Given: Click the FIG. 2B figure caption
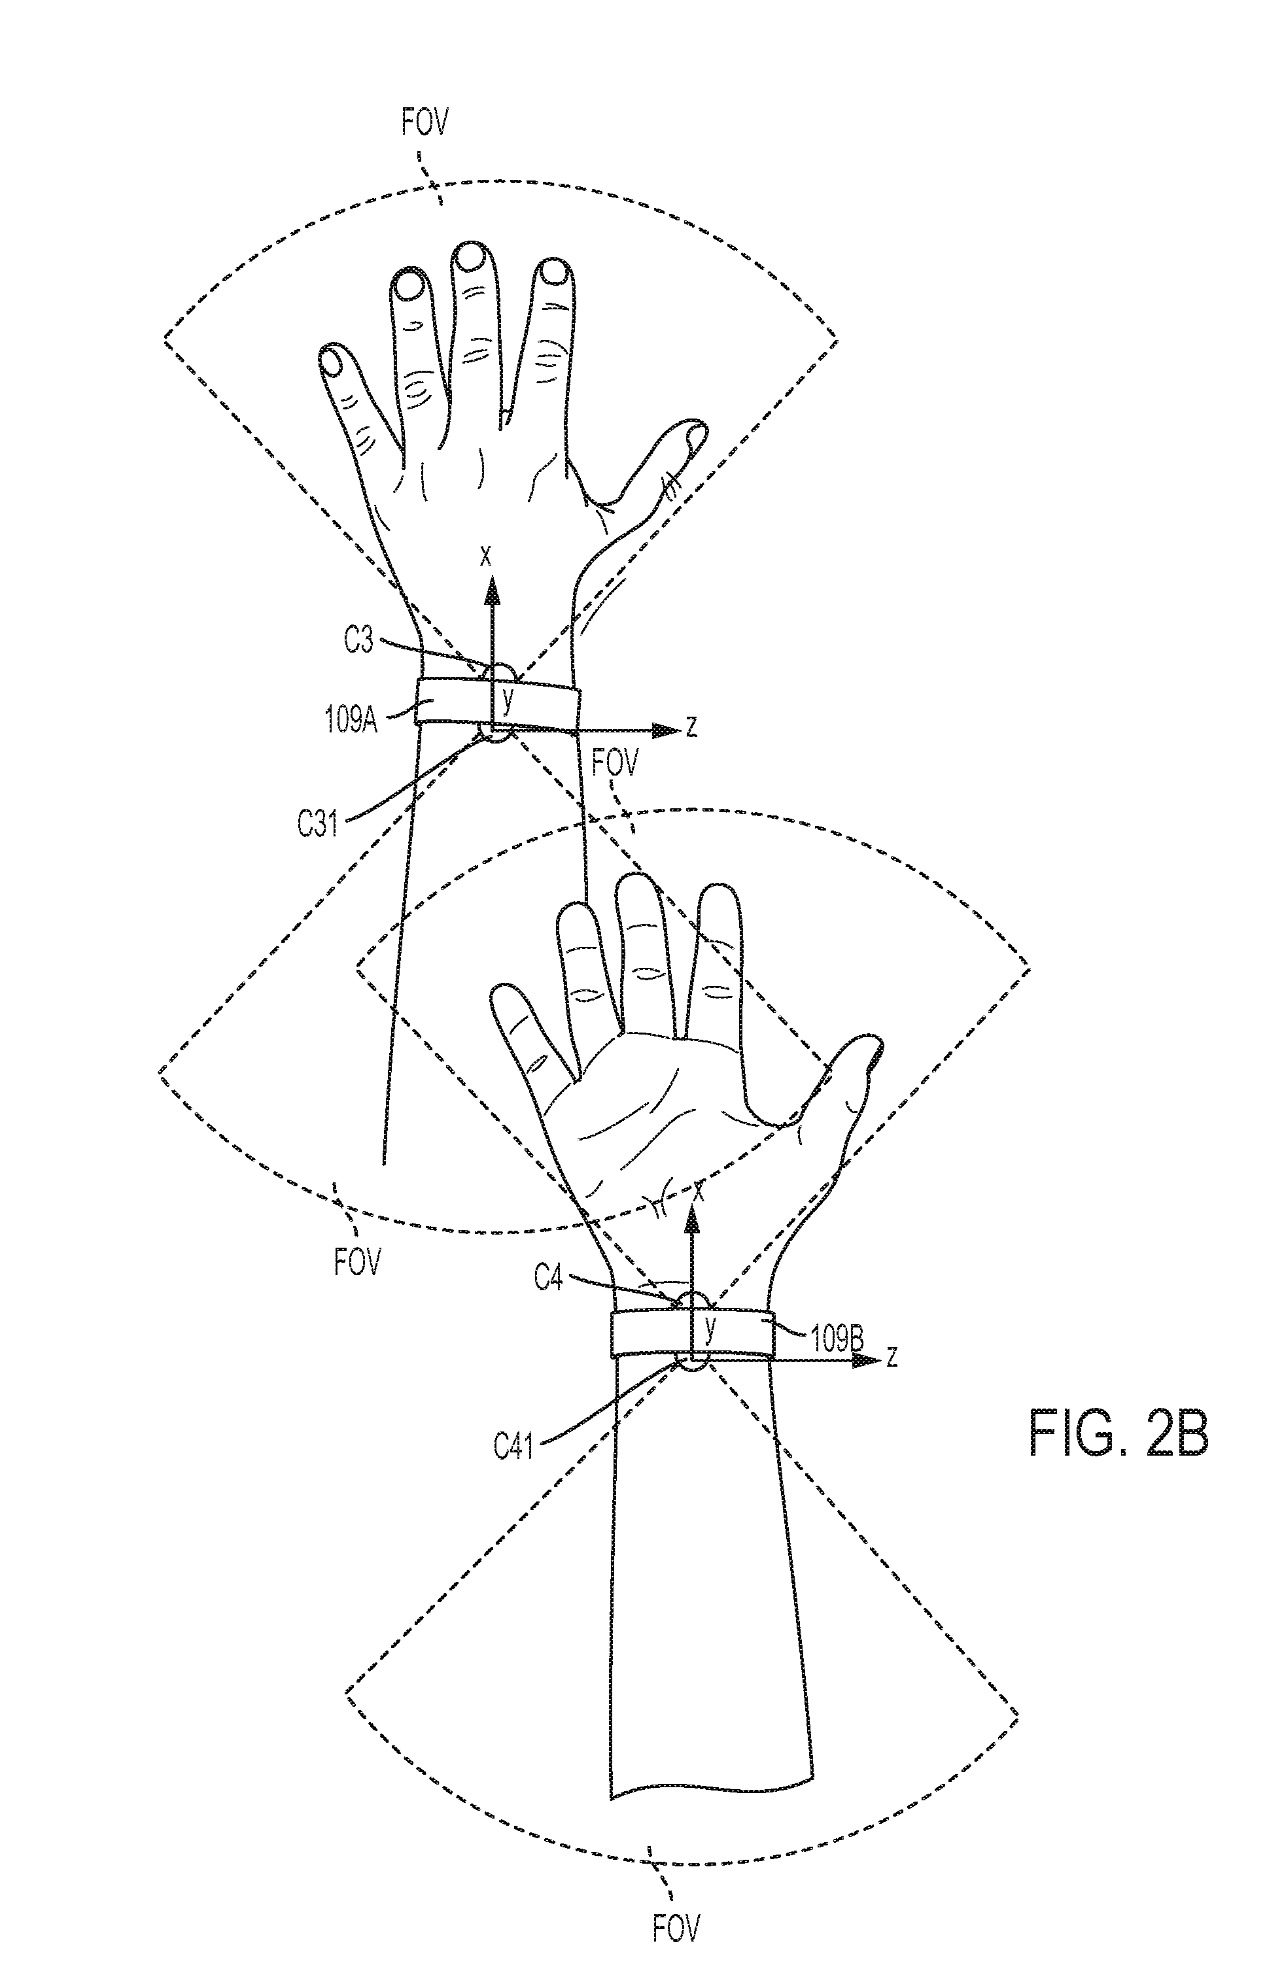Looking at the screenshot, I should pyautogui.click(x=1118, y=1434).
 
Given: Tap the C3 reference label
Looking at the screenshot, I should pyautogui.click(x=358, y=641).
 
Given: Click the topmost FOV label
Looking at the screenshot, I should pyautogui.click(x=425, y=123).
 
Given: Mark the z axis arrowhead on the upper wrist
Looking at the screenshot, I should pyautogui.click(x=665, y=730).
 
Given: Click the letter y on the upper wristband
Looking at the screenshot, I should pyautogui.click(x=508, y=701).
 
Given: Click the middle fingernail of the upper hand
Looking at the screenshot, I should pyautogui.click(x=471, y=258).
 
